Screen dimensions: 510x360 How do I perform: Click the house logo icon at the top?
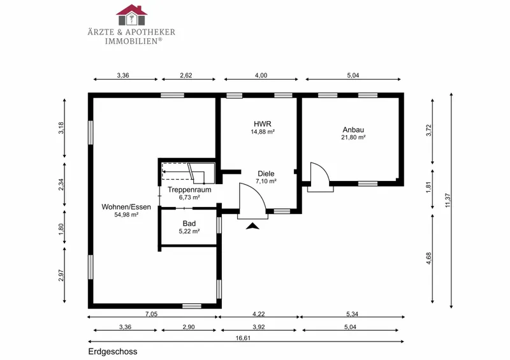pyautogui.click(x=132, y=15)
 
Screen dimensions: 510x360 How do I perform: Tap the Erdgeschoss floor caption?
pyautogui.click(x=113, y=352)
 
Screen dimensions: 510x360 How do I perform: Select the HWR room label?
pyautogui.click(x=263, y=124)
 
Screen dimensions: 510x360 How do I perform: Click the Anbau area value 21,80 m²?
pyautogui.click(x=353, y=137)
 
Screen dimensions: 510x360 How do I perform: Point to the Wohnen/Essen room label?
pyautogui.click(x=126, y=207)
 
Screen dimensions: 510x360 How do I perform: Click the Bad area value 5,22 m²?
pyautogui.click(x=189, y=231)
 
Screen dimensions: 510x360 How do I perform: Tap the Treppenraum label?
pyautogui.click(x=189, y=190)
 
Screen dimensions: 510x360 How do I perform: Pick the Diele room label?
pyautogui.click(x=266, y=174)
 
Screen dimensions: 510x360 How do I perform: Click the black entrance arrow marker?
pyautogui.click(x=252, y=226)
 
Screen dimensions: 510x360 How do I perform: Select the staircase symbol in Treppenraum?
pyautogui.click(x=188, y=171)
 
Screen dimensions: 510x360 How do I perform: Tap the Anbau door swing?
pyautogui.click(x=323, y=169)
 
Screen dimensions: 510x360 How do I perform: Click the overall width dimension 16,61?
pyautogui.click(x=243, y=338)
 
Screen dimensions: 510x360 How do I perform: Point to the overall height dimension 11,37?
pyautogui.click(x=448, y=200)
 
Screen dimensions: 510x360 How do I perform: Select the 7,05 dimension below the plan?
pyautogui.click(x=152, y=314)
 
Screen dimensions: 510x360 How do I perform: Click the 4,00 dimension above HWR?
pyautogui.click(x=261, y=75)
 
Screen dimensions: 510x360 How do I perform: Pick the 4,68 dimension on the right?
pyautogui.click(x=428, y=258)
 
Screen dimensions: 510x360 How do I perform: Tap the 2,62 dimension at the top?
pyautogui.click(x=186, y=75)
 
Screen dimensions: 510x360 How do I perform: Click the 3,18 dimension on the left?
pyautogui.click(x=61, y=128)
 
